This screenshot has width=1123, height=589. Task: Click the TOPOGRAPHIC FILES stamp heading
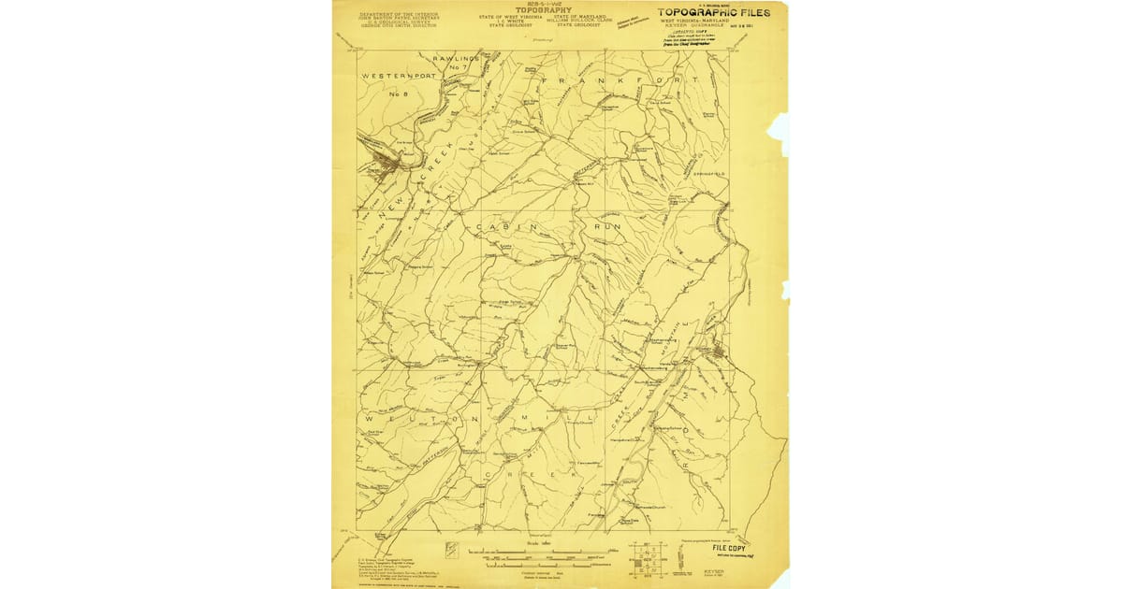(x=715, y=12)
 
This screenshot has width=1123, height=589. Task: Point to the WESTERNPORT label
(x=399, y=75)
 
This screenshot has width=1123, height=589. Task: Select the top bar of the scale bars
(x=529, y=552)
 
